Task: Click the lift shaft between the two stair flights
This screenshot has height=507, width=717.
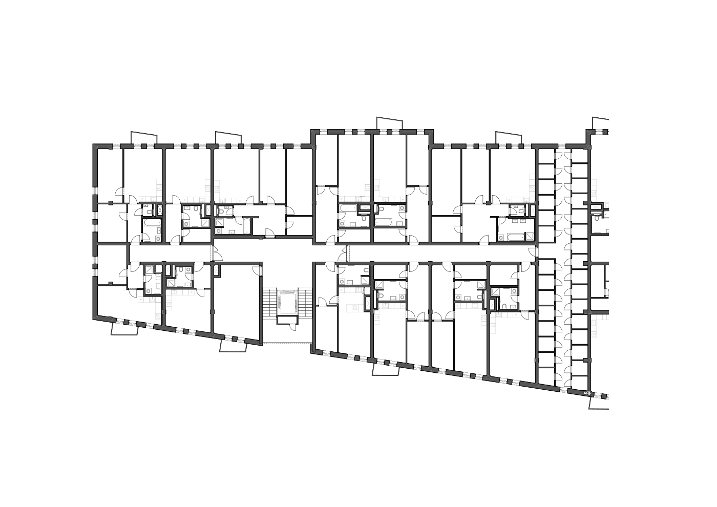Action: [287, 303]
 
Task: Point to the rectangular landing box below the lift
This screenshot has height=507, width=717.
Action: [287, 321]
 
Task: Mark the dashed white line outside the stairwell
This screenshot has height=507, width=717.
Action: [287, 343]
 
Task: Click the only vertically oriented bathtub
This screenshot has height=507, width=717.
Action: [247, 226]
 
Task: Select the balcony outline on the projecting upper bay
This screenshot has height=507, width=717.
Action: [390, 123]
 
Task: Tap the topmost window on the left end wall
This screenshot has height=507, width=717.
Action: [95, 191]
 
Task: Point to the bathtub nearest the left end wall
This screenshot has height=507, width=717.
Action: [152, 224]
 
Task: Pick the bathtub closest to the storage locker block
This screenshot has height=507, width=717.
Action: [515, 237]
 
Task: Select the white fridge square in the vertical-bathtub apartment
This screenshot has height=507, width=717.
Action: [217, 201]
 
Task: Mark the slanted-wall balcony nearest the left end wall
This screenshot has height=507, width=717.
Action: [125, 329]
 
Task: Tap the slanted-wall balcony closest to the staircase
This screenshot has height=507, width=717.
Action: [234, 346]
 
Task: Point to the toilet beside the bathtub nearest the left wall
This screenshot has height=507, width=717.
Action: [149, 211]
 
